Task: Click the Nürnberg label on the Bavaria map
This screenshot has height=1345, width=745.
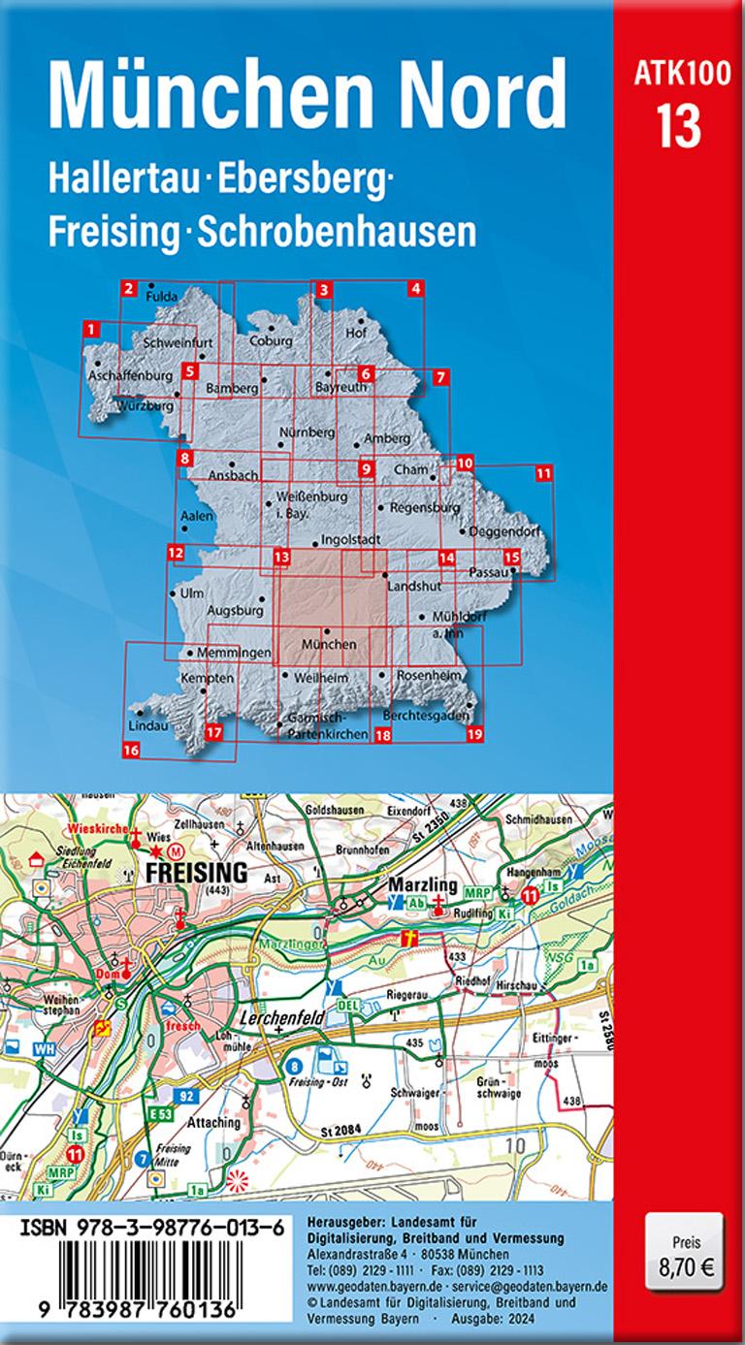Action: [x=307, y=431]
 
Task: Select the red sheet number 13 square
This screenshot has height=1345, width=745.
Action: [x=282, y=558]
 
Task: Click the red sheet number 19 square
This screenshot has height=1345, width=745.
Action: [x=474, y=734]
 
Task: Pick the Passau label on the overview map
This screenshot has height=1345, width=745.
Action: [x=489, y=572]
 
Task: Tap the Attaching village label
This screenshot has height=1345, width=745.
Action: [x=212, y=1122]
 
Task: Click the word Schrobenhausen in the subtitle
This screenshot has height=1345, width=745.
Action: [x=337, y=231]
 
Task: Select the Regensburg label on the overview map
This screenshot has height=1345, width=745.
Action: [x=424, y=507]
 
